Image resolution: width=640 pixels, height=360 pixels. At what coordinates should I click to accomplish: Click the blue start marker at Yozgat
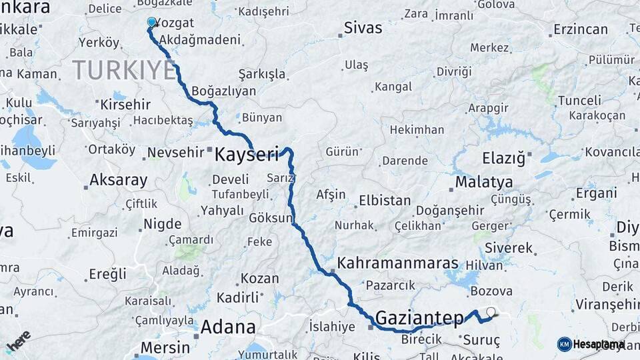151,22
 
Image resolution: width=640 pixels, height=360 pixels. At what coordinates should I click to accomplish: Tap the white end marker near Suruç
491,311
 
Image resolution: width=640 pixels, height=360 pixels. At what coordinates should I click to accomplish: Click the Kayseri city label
246,155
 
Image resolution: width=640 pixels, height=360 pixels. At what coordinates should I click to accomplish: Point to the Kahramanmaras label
398,263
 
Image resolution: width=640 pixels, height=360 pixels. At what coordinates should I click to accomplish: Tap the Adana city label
228,327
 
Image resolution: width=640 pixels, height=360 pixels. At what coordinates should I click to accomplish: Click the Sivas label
363,28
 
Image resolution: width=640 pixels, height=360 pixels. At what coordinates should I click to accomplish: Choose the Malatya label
484,182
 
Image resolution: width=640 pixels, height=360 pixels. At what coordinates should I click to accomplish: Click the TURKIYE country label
124,69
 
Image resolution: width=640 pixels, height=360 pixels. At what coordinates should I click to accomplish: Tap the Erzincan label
580,29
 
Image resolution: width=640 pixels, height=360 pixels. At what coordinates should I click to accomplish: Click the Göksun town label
271,218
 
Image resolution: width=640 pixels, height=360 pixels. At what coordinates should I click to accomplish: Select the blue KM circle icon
564,344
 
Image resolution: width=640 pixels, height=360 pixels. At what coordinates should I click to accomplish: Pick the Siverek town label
509,248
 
